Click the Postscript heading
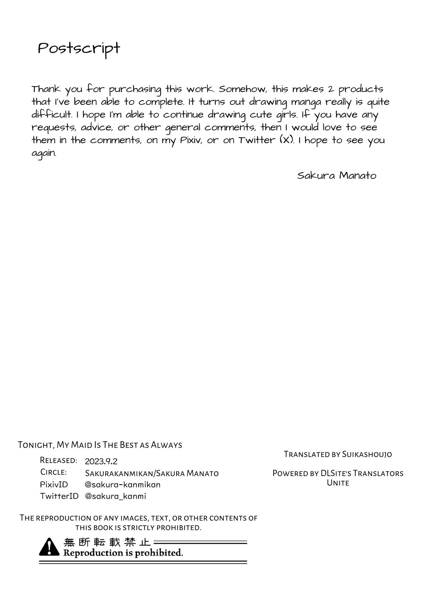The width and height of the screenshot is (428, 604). pos(79,49)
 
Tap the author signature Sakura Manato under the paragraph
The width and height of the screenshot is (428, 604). pos(337,175)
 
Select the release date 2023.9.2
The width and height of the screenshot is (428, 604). pos(101,461)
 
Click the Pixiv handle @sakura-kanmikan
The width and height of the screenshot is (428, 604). pos(123,484)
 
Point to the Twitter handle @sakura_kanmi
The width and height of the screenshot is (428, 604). pos(115,496)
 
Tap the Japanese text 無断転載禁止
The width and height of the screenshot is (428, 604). pos(107,542)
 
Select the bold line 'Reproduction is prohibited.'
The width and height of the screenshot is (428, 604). pos(123,553)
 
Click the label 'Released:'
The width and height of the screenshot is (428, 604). pos(59,460)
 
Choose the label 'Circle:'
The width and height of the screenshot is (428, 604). pos(53,472)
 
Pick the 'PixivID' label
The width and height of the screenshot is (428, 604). pos(54,484)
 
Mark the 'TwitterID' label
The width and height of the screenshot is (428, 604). pos(59,496)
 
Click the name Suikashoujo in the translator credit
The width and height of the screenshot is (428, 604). pos(367,454)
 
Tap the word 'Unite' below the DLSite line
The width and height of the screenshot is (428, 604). pos(338,483)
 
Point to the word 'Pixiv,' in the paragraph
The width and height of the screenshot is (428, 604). pos(192,140)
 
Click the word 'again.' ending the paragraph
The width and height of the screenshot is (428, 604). pos(44,153)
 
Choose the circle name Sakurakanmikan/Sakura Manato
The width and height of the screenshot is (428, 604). pos(152,473)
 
